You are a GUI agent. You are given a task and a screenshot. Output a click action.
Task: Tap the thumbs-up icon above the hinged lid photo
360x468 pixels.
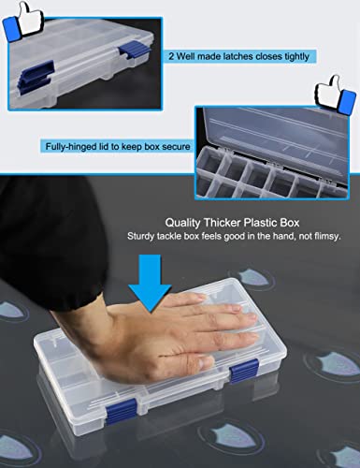tap(335, 95)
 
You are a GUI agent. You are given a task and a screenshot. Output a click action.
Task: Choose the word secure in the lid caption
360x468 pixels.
tap(172, 146)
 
